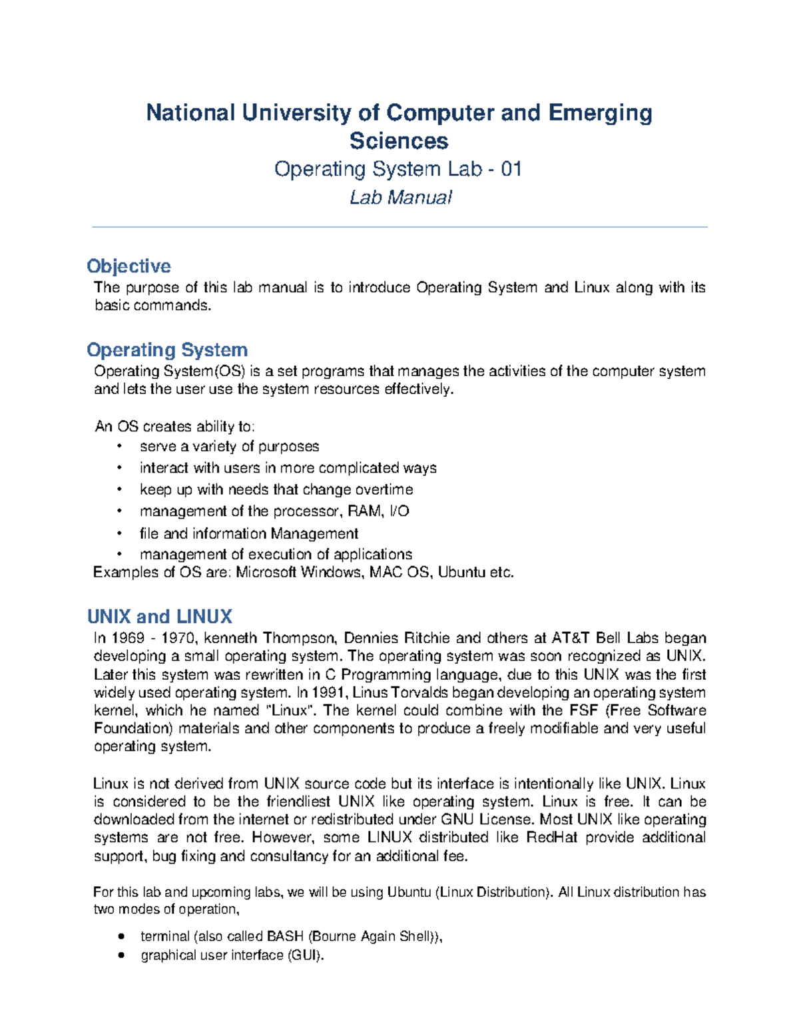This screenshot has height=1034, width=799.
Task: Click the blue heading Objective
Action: pos(129,266)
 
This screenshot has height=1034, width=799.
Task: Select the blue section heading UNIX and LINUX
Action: pos(160,617)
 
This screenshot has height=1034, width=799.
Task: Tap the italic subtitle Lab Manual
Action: pos(400,198)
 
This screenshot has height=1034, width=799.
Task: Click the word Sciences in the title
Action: pos(399,141)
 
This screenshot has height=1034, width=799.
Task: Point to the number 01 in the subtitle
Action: pos(511,169)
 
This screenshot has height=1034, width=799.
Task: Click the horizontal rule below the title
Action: pos(400,227)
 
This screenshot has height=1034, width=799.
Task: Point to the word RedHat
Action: pos(551,838)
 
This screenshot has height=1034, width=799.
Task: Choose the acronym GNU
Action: pos(457,820)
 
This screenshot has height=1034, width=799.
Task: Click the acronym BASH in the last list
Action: pos(285,937)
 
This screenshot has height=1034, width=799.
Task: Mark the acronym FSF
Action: pos(583,710)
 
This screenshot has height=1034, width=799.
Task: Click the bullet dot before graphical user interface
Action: pos(121,955)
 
